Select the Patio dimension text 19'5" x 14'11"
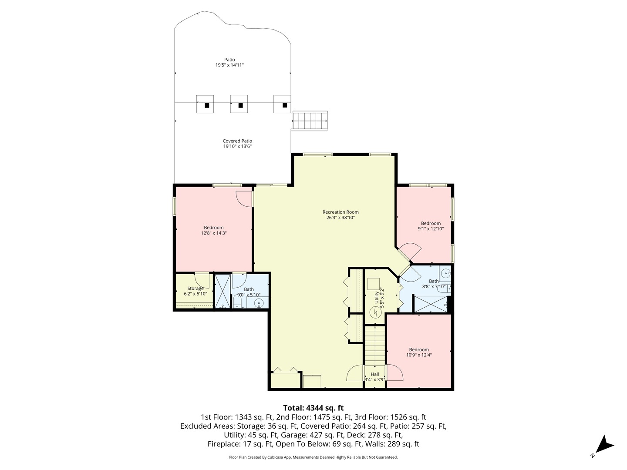coord(229,65)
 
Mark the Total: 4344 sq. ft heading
coord(313,408)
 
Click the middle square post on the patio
coord(239,104)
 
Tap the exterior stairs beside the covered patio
coord(310,120)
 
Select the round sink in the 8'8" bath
coord(445,274)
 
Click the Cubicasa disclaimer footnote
coord(313,457)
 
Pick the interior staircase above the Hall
coord(375,346)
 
